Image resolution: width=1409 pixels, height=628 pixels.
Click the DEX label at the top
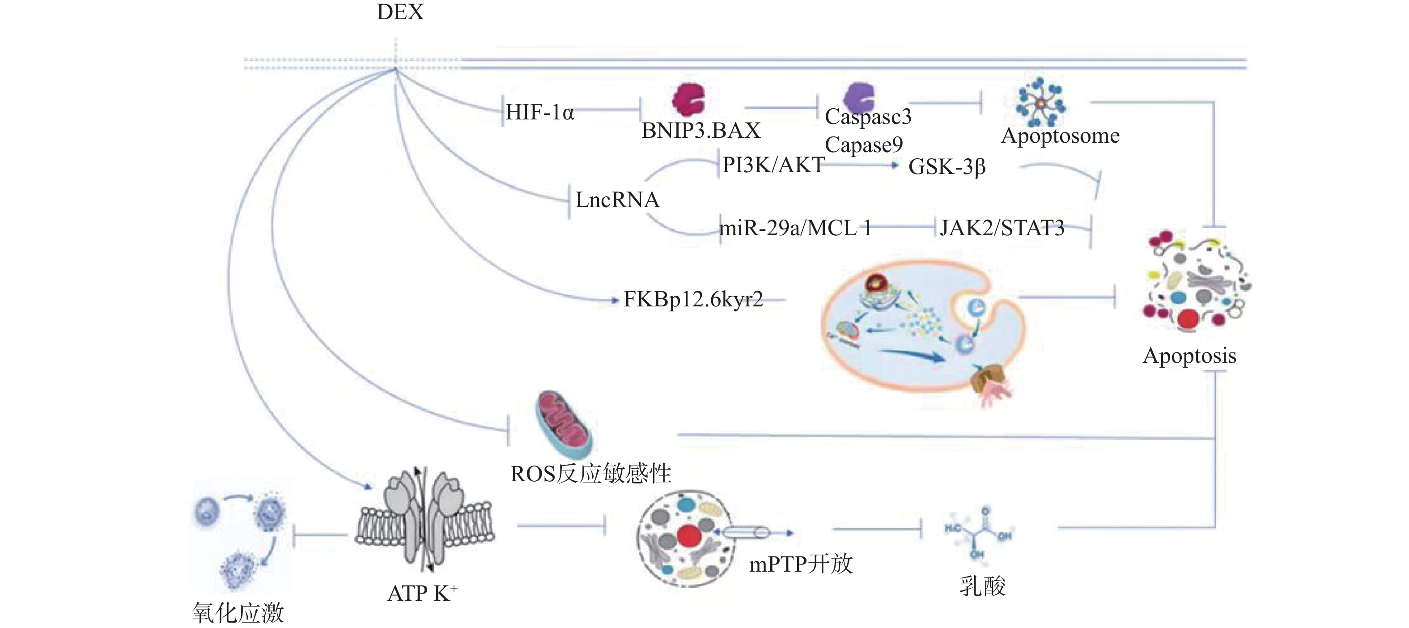(x=400, y=12)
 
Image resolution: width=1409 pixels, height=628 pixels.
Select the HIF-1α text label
(x=539, y=112)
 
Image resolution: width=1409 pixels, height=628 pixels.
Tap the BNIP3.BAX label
(x=700, y=131)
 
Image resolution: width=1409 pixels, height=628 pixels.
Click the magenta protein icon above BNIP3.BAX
(x=688, y=100)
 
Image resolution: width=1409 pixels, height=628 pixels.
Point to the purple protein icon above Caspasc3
(x=859, y=98)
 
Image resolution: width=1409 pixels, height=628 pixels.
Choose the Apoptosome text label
(x=1060, y=136)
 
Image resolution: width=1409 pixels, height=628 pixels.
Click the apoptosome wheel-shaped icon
(x=1039, y=102)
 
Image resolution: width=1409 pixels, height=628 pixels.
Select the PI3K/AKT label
(x=773, y=165)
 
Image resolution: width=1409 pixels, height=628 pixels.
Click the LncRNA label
(x=617, y=199)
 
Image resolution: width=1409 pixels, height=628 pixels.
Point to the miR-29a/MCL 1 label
(x=795, y=228)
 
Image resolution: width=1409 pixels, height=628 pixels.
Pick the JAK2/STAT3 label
(x=1002, y=228)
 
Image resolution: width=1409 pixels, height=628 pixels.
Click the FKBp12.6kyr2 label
(x=693, y=299)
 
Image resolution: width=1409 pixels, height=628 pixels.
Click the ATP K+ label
(x=422, y=593)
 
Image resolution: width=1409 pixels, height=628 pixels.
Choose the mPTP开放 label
(x=801, y=564)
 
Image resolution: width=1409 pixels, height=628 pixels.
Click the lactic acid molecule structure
(x=979, y=533)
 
